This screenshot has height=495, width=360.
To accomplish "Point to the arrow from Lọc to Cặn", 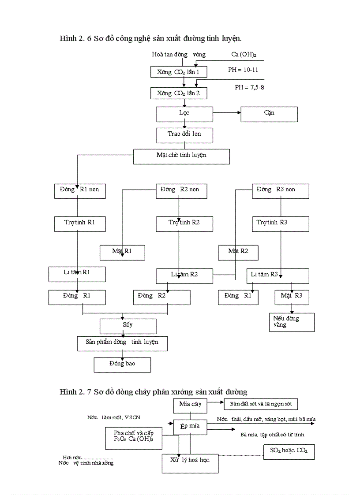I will point(227,113).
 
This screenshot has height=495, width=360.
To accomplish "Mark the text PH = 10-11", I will point(243,70).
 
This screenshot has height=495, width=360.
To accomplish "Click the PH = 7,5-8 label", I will point(249,88).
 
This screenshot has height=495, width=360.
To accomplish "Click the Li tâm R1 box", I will point(77,274).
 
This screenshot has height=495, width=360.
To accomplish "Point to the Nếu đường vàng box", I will point(292,322).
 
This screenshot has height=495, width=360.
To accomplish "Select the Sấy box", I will point(128,326).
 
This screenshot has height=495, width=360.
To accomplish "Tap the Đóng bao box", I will point(122,365).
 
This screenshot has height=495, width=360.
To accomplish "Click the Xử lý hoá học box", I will point(190,463).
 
